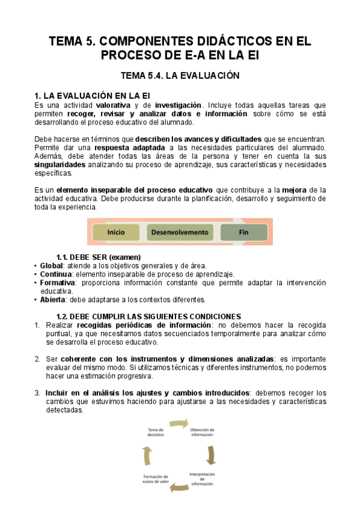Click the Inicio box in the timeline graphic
(x=116, y=232)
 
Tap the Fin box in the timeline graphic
(x=243, y=232)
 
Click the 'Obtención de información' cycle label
(x=202, y=433)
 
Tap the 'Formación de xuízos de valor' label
(x=157, y=479)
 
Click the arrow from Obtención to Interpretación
(x=211, y=455)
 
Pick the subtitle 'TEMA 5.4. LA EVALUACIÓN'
(x=180, y=76)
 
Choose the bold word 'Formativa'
(x=58, y=283)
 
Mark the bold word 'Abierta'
(x=53, y=300)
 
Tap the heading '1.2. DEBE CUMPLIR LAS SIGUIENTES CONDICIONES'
(x=148, y=316)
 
